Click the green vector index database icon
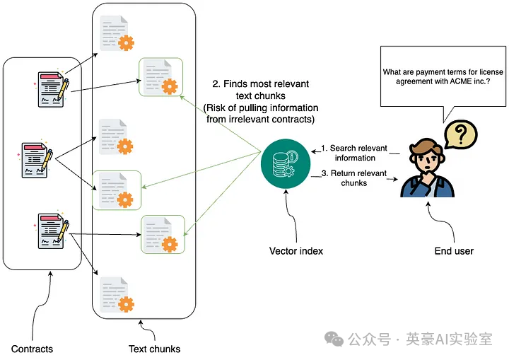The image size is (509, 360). (283, 162)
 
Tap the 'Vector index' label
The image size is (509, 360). (296, 251)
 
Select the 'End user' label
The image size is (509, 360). (453, 251)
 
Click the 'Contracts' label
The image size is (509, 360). (32, 349)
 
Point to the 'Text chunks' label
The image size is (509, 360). (154, 349)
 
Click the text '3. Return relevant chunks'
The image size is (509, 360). (353, 178)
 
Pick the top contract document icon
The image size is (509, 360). (52, 88)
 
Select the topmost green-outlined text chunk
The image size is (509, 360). (160, 76)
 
